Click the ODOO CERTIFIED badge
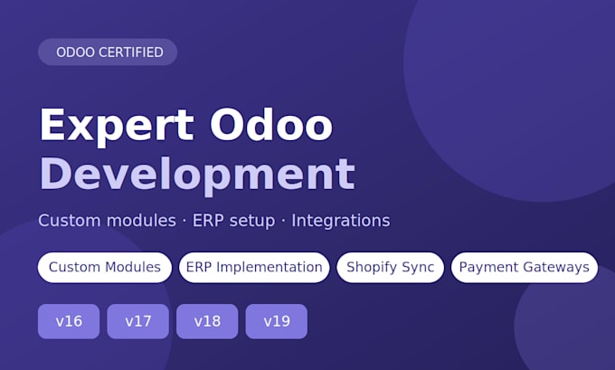coord(108,52)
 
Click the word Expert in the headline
coord(117,126)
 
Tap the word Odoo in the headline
coord(271,125)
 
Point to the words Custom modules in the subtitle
coord(107,221)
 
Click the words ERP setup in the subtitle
coord(233,221)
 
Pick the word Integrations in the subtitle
coord(341,221)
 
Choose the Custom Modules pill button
coord(105,267)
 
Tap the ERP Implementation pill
coord(254,267)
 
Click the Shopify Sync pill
coord(391,267)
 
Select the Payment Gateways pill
coord(525,267)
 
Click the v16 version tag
coord(69,321)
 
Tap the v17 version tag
coord(138,321)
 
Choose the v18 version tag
coord(207,321)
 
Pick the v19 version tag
coord(277,321)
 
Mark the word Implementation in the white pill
coord(270,268)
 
